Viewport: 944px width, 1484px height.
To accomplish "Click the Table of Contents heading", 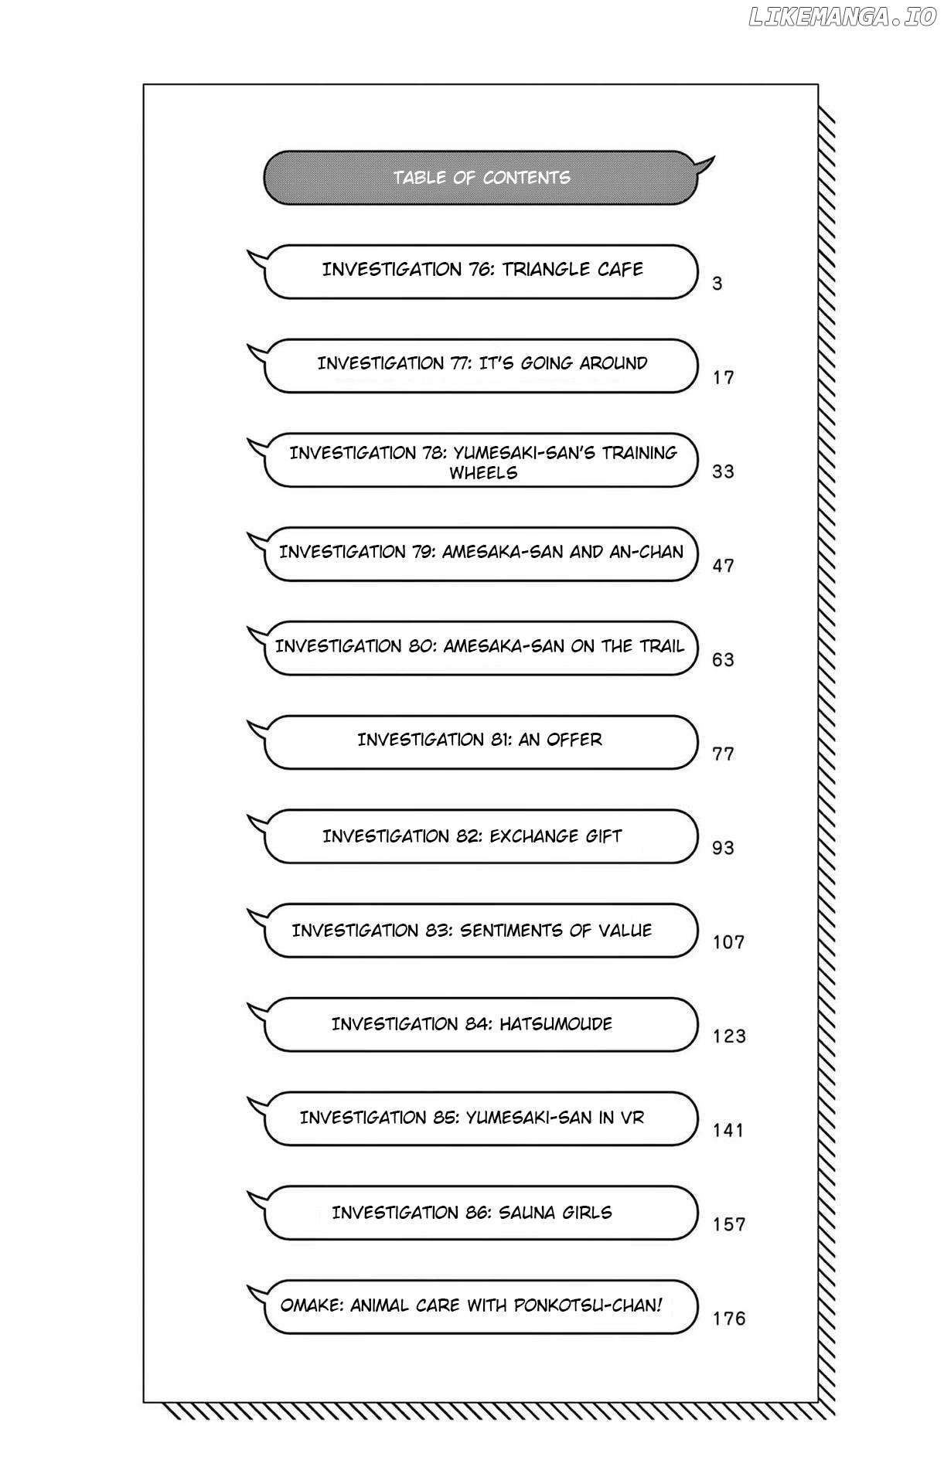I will tap(481, 178).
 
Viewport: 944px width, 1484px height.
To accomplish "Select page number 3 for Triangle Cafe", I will tap(717, 284).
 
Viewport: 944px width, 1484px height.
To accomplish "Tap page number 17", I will tap(723, 378).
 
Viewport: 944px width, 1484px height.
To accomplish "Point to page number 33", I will tap(723, 471).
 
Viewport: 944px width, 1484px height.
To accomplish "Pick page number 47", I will tap(723, 566).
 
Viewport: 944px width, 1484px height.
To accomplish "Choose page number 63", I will tap(723, 660).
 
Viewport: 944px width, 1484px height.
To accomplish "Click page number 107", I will tap(728, 942).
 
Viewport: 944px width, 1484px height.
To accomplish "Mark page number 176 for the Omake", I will tap(729, 1319).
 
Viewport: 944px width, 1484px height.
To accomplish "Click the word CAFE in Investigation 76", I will tap(620, 270).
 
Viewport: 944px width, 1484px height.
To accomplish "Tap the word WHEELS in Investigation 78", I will tap(483, 473).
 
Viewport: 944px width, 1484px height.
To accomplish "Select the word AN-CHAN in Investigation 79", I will tap(646, 552).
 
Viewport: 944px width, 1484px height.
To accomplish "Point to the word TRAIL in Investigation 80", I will tap(662, 646).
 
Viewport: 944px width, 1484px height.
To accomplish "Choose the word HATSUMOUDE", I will tap(555, 1024).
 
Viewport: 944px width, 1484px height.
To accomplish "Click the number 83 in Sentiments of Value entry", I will tap(438, 931).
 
